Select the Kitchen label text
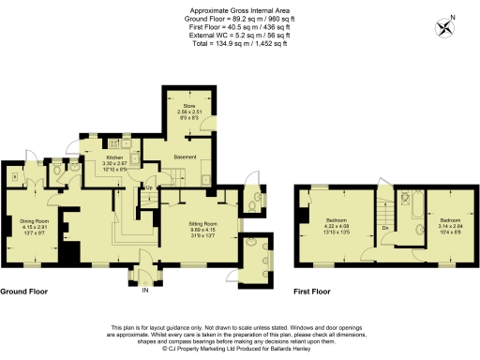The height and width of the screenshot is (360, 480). tap(113, 158)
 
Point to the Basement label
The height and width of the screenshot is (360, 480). tap(183, 157)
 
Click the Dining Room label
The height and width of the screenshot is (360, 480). tap(34, 221)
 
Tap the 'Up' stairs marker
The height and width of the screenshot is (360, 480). tap(148, 187)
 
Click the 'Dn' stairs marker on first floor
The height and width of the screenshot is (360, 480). tap(385, 227)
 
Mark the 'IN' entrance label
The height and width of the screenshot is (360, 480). tap(144, 291)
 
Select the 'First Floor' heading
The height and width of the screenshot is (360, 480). tap(312, 292)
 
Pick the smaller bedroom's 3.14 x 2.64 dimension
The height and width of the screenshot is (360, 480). tap(451, 225)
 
